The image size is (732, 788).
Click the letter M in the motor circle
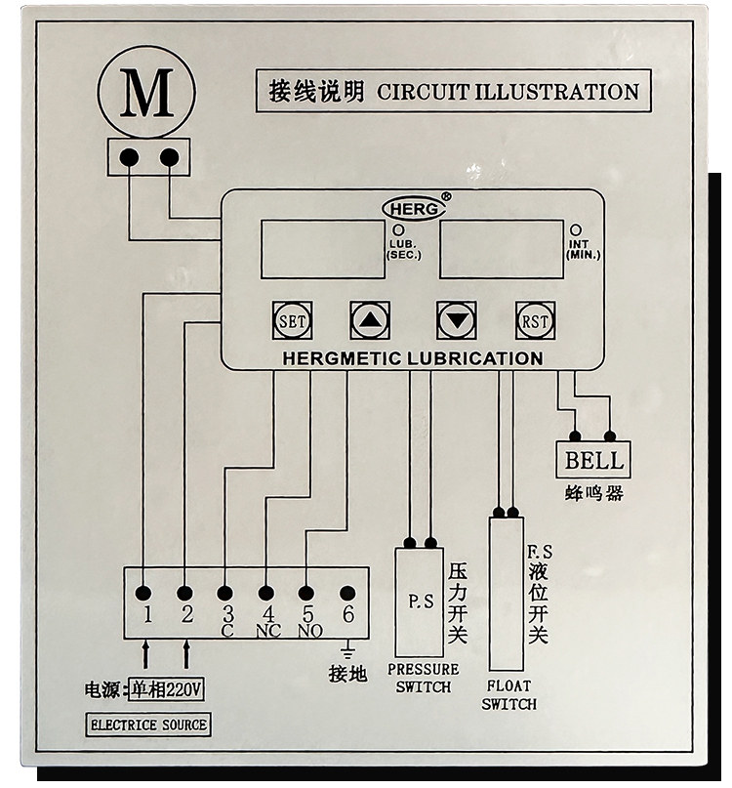146,93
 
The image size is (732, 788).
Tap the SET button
292,320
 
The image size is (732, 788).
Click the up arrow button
370,320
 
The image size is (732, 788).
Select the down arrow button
456,320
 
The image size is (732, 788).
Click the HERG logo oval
414,209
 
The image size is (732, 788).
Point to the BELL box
592,460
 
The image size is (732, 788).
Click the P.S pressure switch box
419,602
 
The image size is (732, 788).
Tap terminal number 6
347,614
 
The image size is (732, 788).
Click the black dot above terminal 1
143,594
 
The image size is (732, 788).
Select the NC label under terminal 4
268,631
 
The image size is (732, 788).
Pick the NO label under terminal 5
310,631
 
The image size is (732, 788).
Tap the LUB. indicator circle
398,229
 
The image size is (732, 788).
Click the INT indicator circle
576,229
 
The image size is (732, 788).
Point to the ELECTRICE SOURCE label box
147,725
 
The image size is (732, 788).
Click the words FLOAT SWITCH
508,695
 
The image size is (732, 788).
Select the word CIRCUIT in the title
423,92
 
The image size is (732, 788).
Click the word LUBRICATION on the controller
475,358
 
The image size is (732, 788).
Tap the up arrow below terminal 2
186,654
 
